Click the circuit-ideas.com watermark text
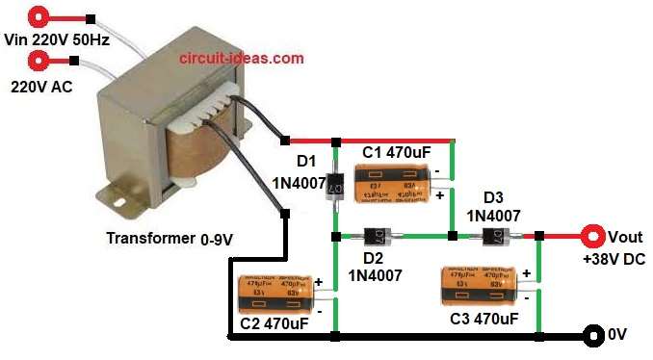point(242,58)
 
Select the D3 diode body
point(495,235)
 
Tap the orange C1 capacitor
point(391,183)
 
